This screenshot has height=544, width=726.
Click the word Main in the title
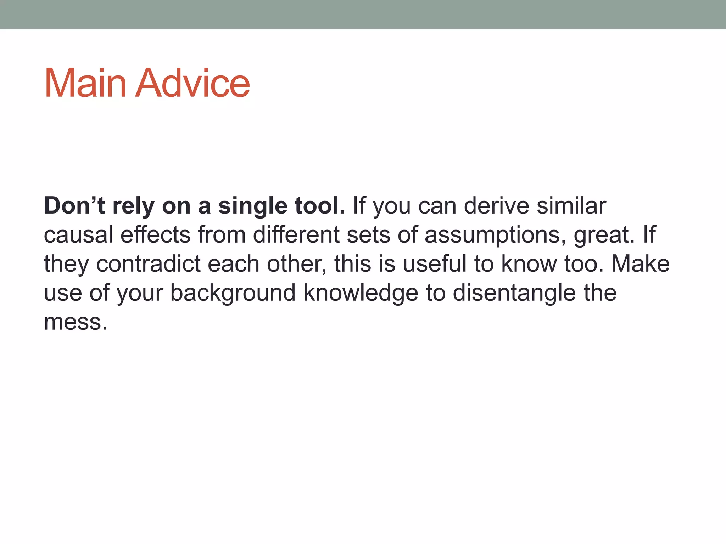click(85, 84)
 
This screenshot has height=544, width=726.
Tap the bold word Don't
click(74, 206)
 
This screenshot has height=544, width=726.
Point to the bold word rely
click(133, 206)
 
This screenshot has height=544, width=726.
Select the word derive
click(496, 206)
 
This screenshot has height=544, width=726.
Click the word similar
click(571, 206)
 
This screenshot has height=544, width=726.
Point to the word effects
click(156, 235)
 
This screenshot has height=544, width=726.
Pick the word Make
click(641, 264)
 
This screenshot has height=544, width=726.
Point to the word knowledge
click(361, 293)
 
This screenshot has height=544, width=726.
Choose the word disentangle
click(514, 293)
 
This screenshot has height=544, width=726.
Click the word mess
click(75, 322)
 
